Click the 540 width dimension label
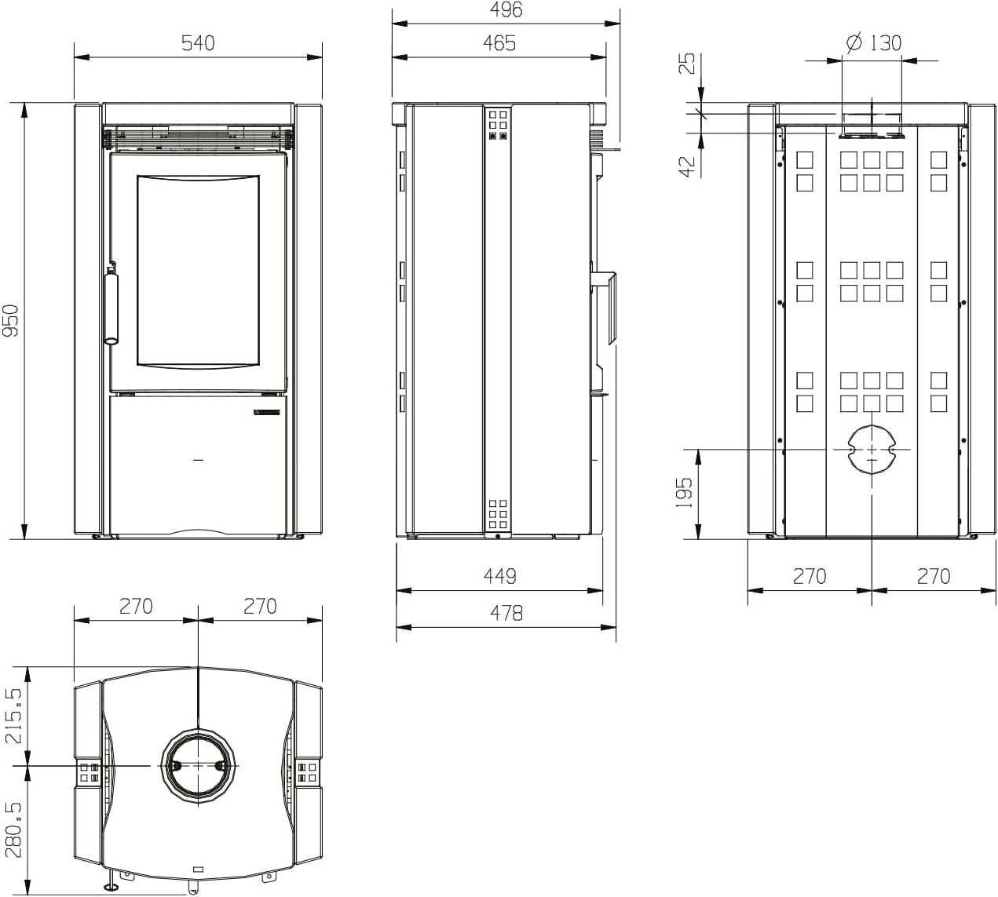click(198, 42)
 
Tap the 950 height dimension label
click(10, 321)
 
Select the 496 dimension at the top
click(506, 9)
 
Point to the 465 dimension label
click(499, 42)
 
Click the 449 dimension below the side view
click(500, 576)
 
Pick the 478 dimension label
click(506, 613)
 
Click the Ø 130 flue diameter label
click(874, 42)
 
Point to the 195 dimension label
click(685, 493)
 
